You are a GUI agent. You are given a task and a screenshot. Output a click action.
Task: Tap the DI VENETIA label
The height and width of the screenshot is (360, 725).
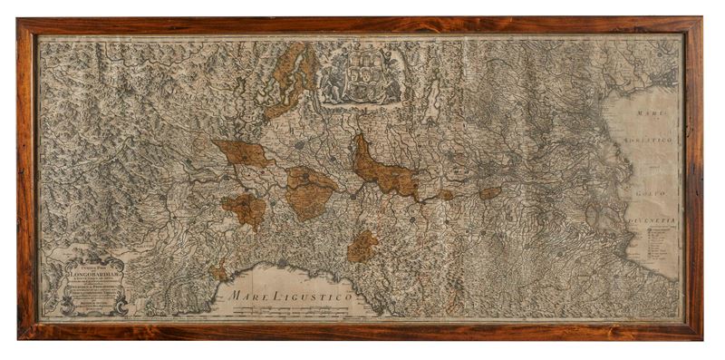click(654, 220)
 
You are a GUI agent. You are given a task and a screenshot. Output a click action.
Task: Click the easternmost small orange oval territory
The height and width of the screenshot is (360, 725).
click(489, 193)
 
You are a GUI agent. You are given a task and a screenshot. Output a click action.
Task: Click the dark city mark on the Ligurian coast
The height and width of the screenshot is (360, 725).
click(282, 264)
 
